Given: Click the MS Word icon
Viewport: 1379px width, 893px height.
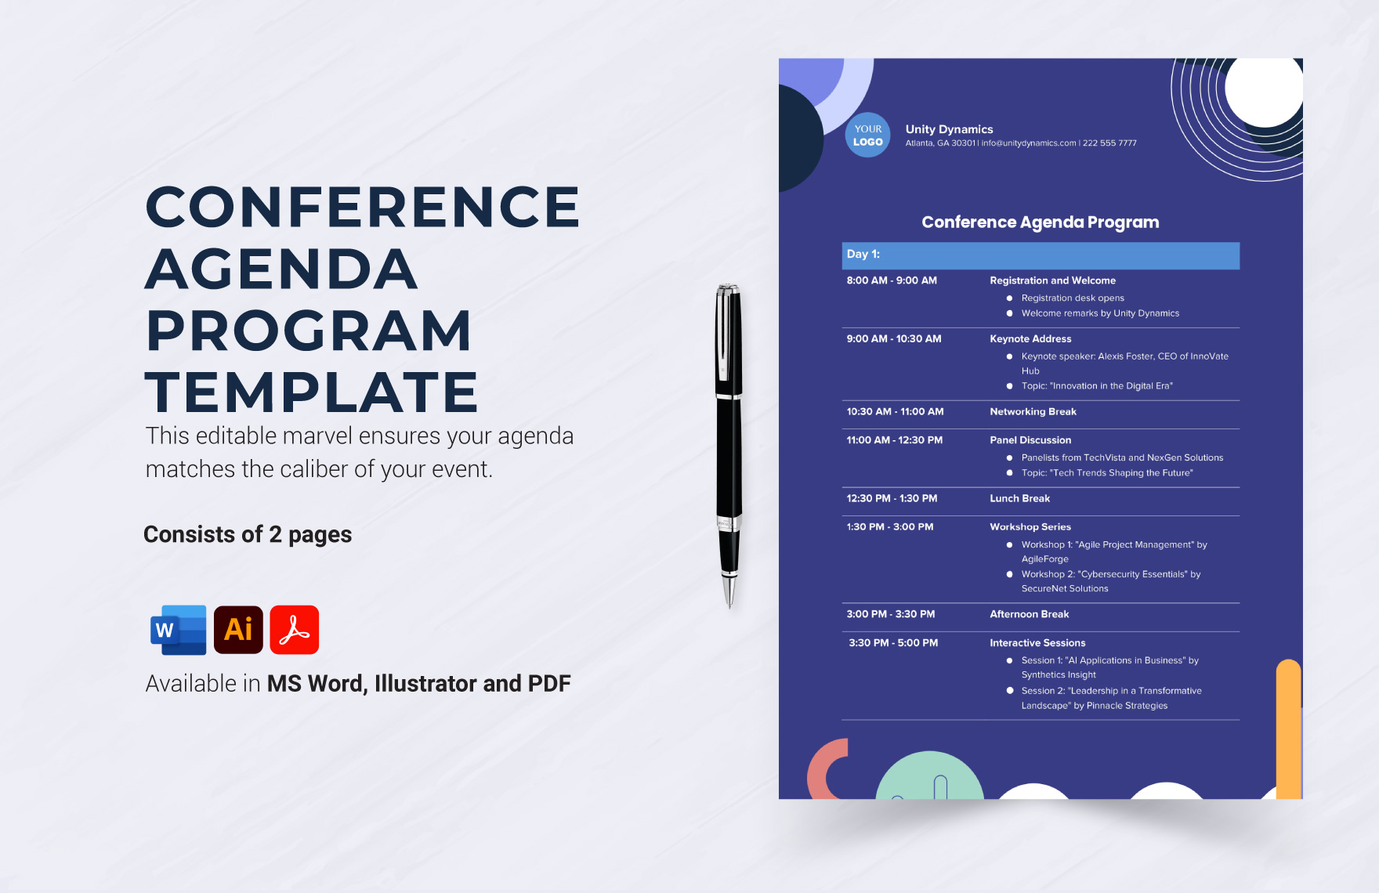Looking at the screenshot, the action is [179, 630].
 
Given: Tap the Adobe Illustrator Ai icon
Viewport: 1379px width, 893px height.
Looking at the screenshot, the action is [238, 630].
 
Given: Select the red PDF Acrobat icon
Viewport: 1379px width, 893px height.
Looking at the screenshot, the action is [295, 630].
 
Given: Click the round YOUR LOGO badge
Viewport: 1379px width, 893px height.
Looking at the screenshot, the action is [867, 136].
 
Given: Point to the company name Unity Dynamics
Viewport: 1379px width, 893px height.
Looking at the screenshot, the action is [949, 129].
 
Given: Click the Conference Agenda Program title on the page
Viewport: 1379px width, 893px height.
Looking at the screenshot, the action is [1040, 222].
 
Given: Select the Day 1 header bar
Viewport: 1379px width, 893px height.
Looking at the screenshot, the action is [1041, 255].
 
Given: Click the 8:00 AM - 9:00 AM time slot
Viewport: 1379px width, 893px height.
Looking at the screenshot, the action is [892, 280].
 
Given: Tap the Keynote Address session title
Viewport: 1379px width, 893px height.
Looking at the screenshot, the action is [1030, 339].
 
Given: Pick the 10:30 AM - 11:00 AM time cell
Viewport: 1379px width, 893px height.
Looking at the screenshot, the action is [895, 412].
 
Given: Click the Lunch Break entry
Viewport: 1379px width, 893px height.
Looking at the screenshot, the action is [1019, 499].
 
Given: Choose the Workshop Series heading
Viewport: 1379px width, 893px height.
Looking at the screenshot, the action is [1030, 527].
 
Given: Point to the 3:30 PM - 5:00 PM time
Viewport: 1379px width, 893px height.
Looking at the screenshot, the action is [893, 643].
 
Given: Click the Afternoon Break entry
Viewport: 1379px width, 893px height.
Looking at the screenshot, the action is [1029, 615].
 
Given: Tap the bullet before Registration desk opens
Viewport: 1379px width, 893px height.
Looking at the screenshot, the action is [1009, 298].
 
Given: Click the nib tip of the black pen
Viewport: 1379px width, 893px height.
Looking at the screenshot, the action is [729, 606].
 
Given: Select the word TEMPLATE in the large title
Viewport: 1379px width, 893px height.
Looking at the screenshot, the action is [312, 392].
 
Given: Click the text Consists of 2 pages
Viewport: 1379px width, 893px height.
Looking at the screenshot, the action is [248, 535].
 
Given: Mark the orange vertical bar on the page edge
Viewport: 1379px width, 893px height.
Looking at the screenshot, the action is [1289, 728].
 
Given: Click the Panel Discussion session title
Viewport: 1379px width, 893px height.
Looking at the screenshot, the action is [1030, 440].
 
